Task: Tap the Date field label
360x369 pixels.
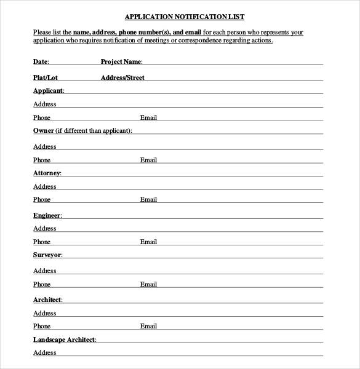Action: [41, 61]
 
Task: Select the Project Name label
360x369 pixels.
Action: [121, 61]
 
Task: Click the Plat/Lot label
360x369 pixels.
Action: [46, 77]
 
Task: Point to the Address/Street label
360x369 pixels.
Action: [122, 77]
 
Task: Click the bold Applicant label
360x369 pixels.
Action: [48, 90]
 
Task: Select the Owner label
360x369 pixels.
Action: [43, 130]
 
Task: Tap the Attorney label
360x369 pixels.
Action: [47, 173]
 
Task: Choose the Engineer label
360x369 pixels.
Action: [47, 215]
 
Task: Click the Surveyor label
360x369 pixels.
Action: [47, 255]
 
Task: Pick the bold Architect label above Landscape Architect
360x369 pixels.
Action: [47, 300]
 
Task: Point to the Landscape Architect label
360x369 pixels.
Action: [65, 339]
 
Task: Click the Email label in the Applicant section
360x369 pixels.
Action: [148, 117]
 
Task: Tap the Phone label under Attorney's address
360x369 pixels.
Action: [42, 199]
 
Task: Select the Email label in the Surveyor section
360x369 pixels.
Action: [148, 284]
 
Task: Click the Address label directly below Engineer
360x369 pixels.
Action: [44, 228]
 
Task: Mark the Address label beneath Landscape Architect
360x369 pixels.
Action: [44, 352]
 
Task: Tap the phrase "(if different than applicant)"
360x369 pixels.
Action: [94, 130]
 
